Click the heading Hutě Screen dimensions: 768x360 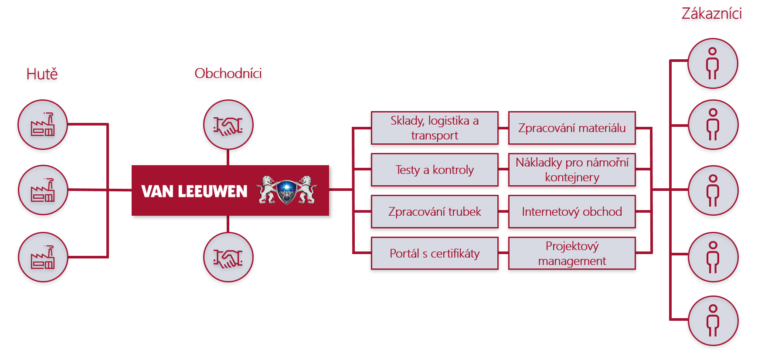pos(42,74)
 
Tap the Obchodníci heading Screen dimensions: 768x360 pos(228,73)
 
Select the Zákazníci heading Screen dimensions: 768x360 pos(711,14)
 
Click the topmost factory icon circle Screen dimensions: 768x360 pos(43,125)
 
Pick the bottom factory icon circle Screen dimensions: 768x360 pos(43,257)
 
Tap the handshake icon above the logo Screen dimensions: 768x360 pos(228,125)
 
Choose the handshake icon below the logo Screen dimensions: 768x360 pos(228,257)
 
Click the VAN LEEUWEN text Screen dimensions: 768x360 pos(194,191)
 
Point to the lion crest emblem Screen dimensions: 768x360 pos(286,190)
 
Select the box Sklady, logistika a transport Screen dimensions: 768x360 pos(435,128)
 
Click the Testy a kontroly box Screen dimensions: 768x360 pos(435,170)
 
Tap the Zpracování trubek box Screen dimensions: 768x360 pos(435,211)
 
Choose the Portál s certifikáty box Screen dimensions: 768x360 pos(435,253)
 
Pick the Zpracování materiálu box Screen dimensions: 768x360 pos(572,128)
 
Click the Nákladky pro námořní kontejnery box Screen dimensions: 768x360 pos(572,170)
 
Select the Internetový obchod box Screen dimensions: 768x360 pos(572,211)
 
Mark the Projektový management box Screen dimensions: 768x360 pos(572,253)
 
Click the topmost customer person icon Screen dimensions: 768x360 pos(713,63)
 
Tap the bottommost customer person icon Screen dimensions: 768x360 pos(713,321)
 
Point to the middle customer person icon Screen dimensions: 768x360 pos(713,190)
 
